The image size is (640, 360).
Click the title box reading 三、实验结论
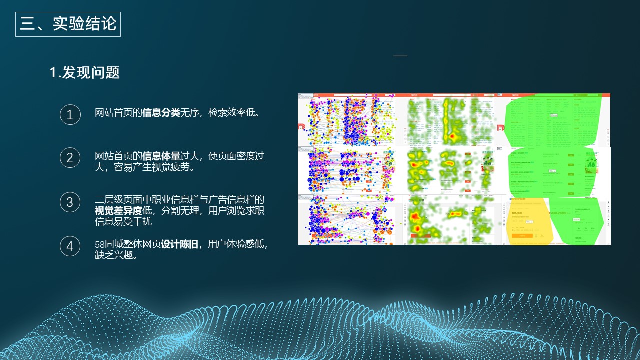point(68,24)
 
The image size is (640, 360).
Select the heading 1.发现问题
point(84,73)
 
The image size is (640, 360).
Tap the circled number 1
point(70,115)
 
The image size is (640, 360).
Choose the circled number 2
point(70,158)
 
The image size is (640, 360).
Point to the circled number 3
point(70,202)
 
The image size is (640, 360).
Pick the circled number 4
point(70,246)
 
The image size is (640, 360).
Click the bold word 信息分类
point(161,113)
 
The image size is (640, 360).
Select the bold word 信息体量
point(161,156)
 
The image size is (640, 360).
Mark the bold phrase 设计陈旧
point(179,244)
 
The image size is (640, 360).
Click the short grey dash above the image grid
point(400,56)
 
